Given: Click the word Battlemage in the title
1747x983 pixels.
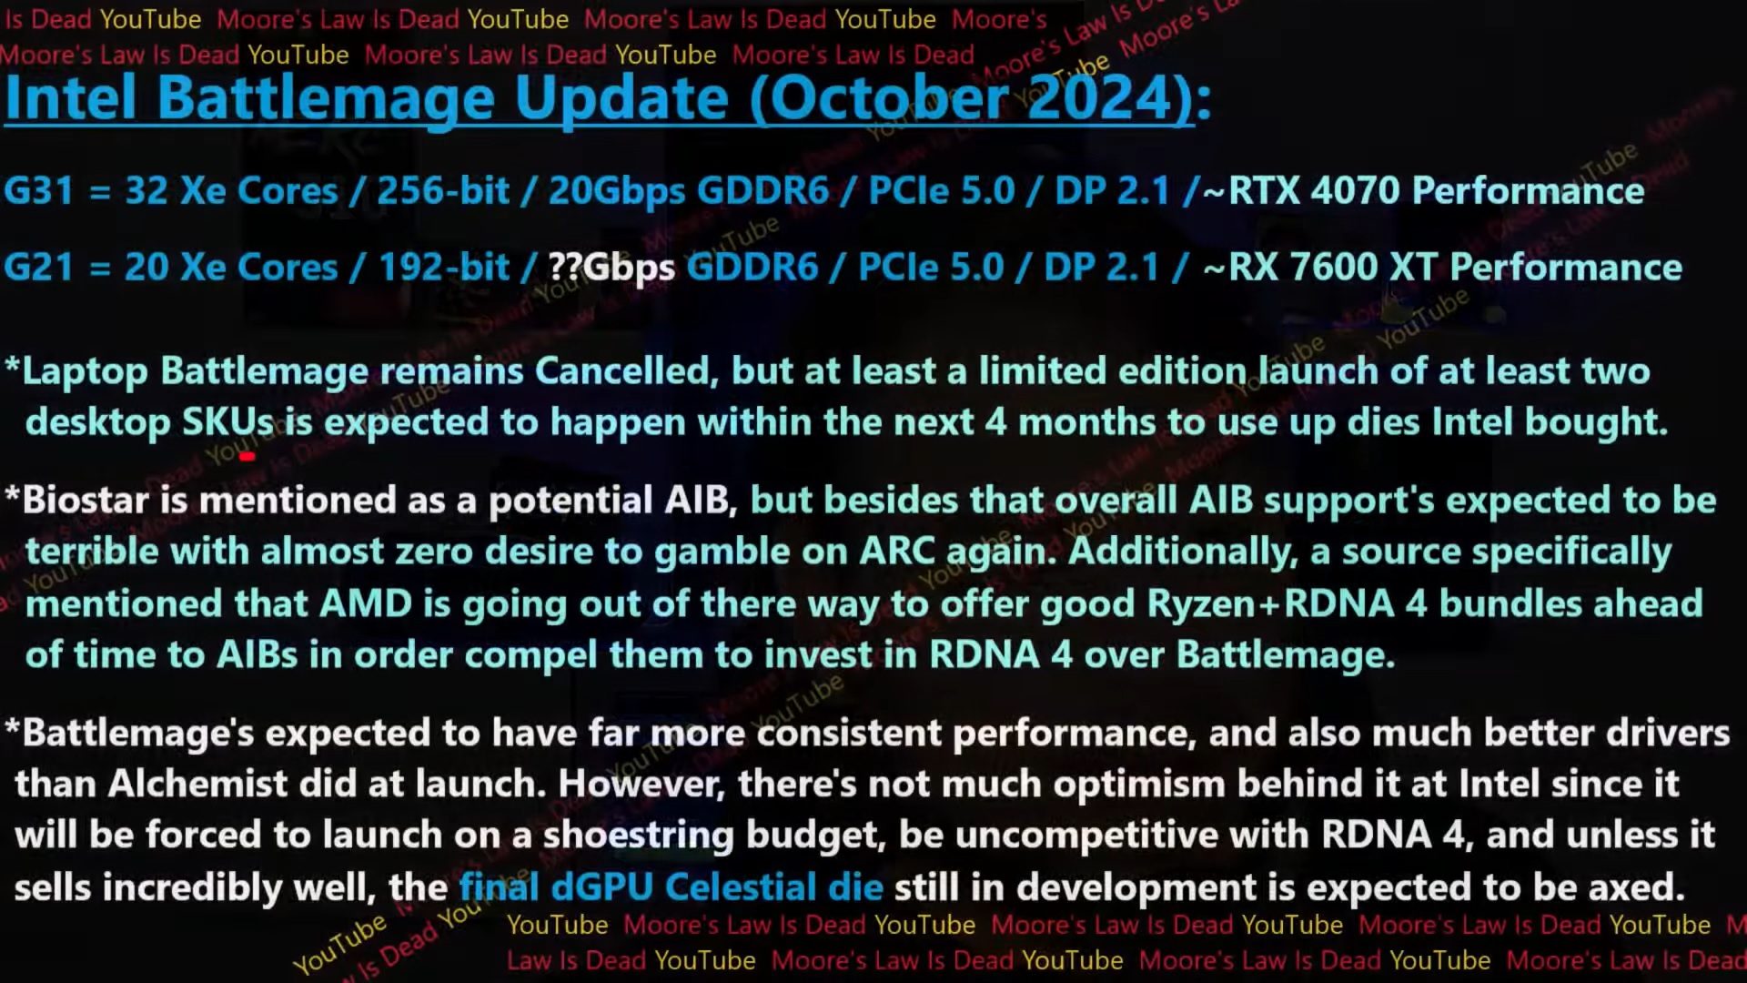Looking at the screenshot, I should pos(326,97).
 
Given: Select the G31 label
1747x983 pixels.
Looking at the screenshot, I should pos(38,191).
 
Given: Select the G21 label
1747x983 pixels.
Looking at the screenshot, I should pos(38,268).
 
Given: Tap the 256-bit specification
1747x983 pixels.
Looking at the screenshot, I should pos(443,191).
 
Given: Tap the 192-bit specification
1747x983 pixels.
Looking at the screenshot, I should pos(444,268).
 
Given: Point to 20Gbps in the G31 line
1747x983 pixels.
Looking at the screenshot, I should pos(617,191).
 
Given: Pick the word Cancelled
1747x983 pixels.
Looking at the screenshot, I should pos(622,371).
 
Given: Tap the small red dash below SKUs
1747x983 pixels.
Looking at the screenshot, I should pos(247,457).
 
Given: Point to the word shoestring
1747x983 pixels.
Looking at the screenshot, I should pos(638,836).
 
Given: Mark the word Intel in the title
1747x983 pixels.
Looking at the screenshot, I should pos(71,97).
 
